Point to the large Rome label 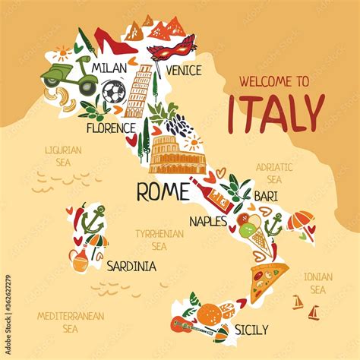tap(163, 191)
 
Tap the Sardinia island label tap(131, 266)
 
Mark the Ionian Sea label tap(317, 283)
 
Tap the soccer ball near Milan tap(113, 93)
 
